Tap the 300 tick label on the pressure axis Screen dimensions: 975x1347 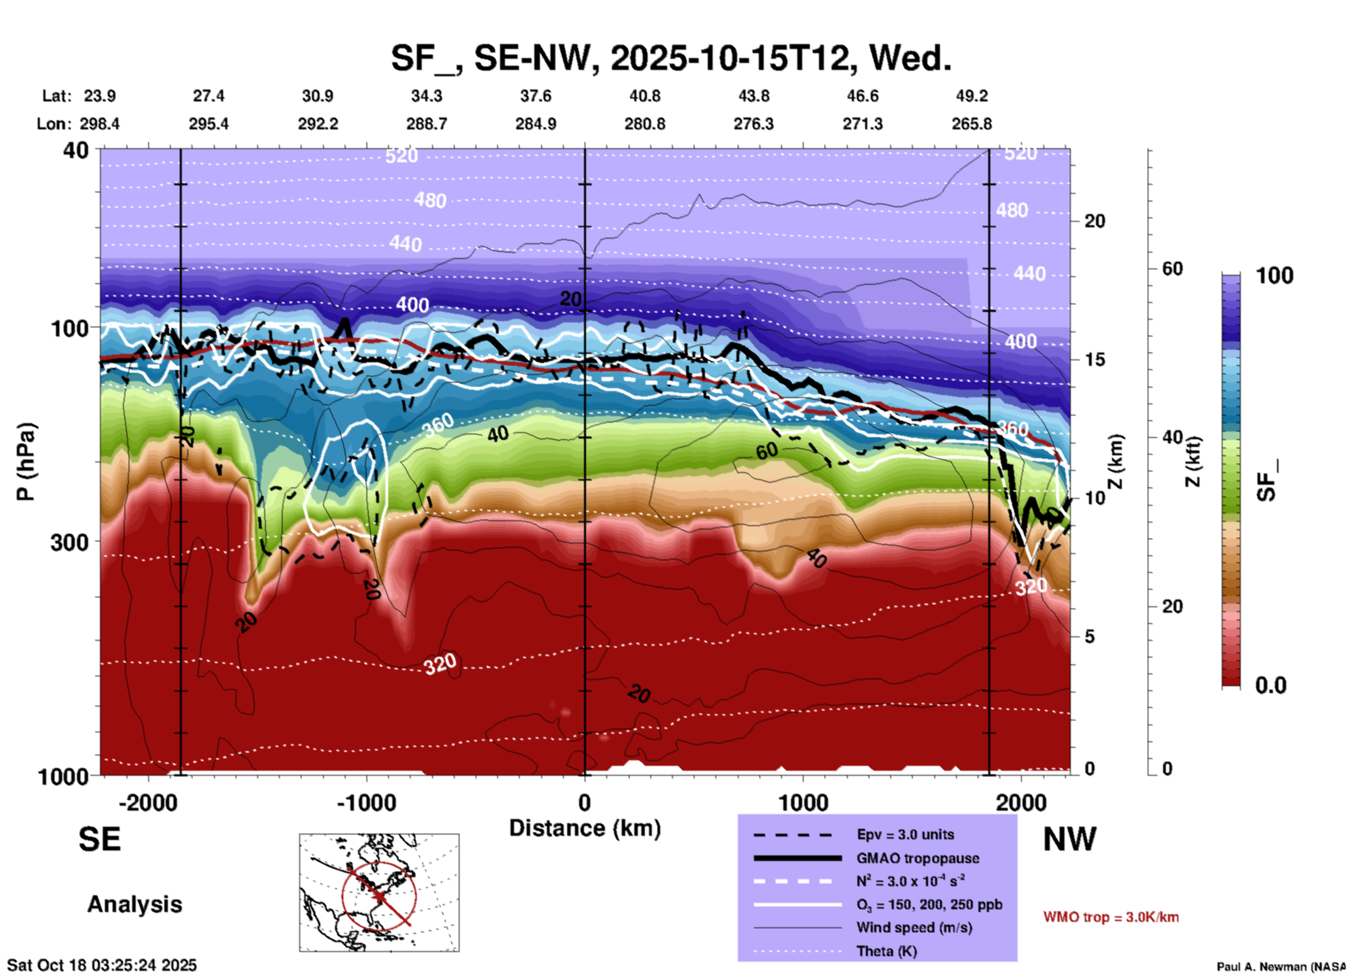click(69, 542)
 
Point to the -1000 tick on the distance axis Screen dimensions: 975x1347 click(366, 803)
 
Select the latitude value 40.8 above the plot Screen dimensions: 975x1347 click(644, 96)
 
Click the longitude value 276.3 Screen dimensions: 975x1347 click(753, 124)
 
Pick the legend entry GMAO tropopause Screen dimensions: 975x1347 click(917, 858)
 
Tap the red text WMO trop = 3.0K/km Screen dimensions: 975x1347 click(1111, 917)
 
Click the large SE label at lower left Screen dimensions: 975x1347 click(99, 840)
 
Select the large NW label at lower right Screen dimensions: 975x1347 click(1069, 840)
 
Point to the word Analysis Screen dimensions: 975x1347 click(134, 904)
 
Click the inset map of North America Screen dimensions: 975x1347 click(379, 892)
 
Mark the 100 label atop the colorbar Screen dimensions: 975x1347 click(1274, 276)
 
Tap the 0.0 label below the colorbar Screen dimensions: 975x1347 click(1270, 685)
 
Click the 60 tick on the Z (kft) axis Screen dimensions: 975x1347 click(1172, 269)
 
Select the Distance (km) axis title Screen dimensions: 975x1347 click(585, 828)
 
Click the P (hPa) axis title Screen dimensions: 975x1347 click(26, 462)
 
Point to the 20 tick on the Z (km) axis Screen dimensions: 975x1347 click(1095, 222)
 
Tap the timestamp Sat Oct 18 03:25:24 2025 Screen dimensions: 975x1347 click(102, 965)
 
